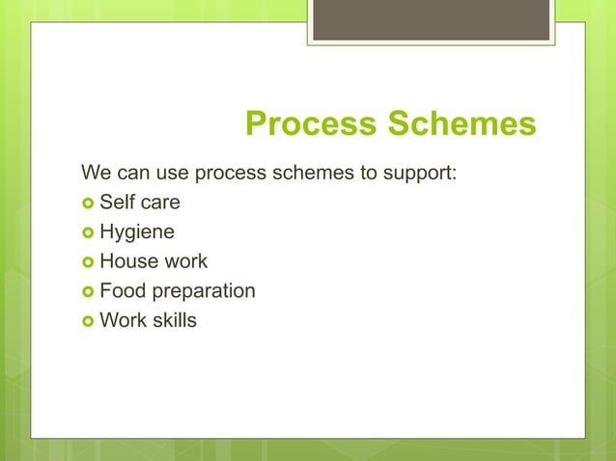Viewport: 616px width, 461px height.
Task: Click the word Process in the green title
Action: pos(311,124)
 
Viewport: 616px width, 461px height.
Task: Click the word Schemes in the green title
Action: pos(462,124)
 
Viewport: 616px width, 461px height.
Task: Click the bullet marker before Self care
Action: pos(88,204)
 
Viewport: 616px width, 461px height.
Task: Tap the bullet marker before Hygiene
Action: pos(88,233)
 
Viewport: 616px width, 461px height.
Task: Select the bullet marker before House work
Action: pos(88,262)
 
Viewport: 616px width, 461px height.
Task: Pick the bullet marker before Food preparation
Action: pos(88,291)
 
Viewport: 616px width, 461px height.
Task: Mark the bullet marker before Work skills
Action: pos(88,320)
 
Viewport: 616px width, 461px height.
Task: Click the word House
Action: pos(126,261)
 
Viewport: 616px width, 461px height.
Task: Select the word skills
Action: pos(173,319)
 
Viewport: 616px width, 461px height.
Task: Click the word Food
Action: pos(121,290)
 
